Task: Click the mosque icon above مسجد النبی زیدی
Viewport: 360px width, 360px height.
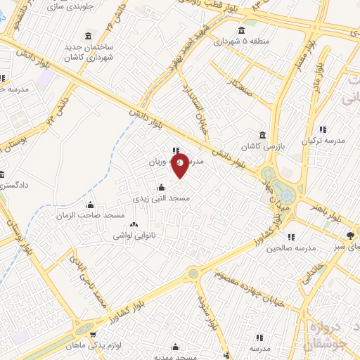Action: coord(162,187)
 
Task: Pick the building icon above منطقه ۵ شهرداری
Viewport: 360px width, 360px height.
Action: coord(243,30)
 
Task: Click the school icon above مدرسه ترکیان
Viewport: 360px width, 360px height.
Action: coord(323,129)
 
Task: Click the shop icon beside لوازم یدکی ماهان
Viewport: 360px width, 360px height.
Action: coord(94,335)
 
